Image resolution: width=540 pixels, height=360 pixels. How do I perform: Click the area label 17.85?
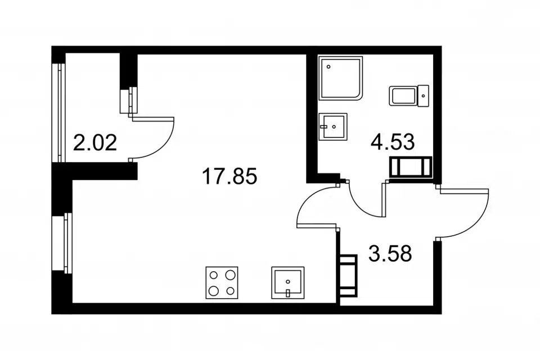point(229,176)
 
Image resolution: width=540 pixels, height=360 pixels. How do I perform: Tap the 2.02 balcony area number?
point(95,143)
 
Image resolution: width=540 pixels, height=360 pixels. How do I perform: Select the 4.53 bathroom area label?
point(393,142)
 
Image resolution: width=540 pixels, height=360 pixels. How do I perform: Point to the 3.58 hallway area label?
point(390,254)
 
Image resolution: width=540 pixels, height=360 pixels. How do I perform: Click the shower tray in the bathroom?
point(341,78)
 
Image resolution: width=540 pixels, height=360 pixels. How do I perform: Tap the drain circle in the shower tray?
point(328,67)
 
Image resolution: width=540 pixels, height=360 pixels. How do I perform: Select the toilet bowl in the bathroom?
point(403,96)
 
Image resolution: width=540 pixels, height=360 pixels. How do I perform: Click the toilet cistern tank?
point(423,96)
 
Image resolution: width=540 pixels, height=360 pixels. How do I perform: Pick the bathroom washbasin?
point(332,127)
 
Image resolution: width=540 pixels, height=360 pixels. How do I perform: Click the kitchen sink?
point(288,282)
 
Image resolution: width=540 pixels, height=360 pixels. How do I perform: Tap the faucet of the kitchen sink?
point(288,293)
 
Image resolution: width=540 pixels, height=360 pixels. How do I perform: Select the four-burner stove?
point(222,282)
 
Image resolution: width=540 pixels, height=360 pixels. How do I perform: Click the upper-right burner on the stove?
point(230,275)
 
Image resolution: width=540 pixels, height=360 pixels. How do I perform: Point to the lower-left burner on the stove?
point(214,291)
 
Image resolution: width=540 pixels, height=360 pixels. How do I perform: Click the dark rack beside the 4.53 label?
point(411,167)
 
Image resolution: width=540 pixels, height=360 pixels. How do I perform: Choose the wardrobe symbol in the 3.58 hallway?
point(348,275)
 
